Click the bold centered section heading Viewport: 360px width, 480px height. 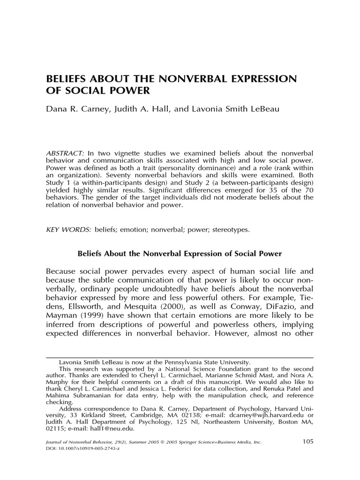180,254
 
